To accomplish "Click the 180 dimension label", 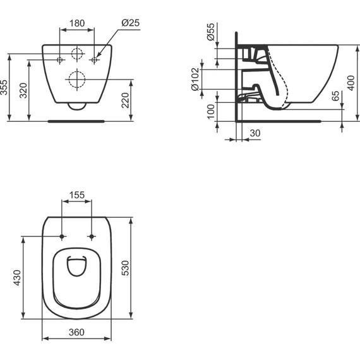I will pos(76,23).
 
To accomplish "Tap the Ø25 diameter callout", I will pos(129,23).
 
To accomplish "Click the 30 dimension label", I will pos(255,133).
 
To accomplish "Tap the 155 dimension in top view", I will pos(76,196).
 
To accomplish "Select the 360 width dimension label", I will pos(76,332).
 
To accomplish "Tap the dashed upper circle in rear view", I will pos(76,53).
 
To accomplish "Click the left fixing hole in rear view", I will pos(61,60).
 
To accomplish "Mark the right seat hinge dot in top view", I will pos(92,237).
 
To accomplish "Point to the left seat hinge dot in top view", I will pos(61,237).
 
